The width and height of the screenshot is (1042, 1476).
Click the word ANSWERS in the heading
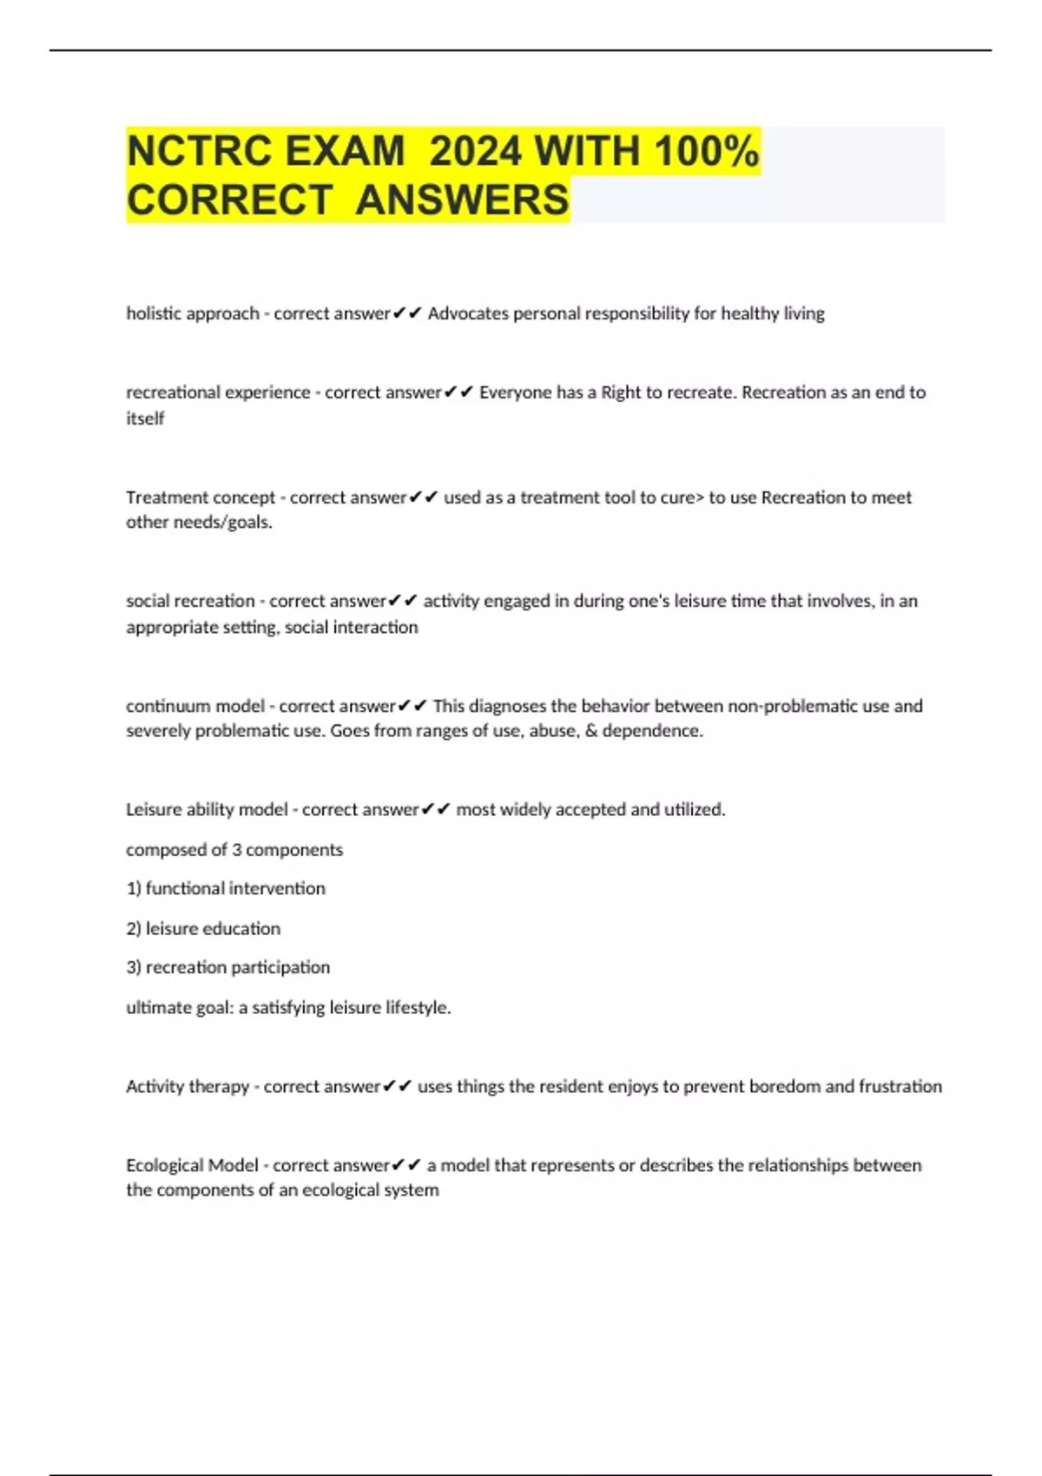[462, 200]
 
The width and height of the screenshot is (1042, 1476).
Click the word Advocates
[468, 313]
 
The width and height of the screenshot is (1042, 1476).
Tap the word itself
[145, 418]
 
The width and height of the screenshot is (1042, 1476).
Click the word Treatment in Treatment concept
[162, 497]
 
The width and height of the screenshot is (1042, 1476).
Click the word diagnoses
[507, 706]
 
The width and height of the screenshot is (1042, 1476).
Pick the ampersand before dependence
[591, 730]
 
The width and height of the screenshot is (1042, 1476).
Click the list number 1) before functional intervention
[134, 888]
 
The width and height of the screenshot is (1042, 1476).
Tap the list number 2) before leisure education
[134, 928]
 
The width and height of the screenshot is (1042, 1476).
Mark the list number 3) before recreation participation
[134, 967]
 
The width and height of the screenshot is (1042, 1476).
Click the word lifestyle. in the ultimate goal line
[419, 1007]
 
